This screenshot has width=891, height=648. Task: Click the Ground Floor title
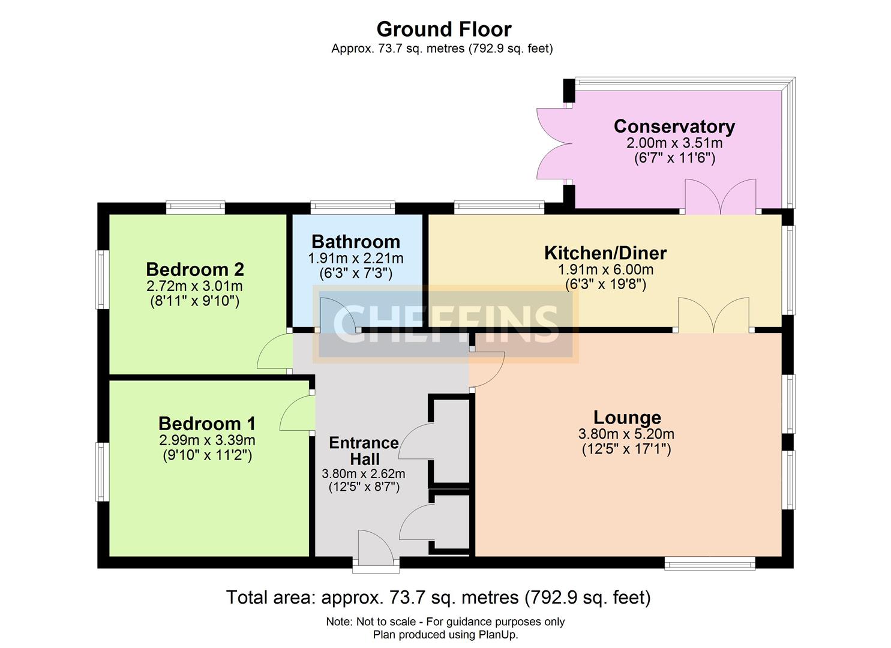click(443, 29)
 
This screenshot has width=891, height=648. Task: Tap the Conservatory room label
click(674, 127)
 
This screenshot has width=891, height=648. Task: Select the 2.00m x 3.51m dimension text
click(674, 143)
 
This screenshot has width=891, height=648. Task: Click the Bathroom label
click(355, 241)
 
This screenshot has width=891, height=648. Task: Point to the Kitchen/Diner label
click(605, 253)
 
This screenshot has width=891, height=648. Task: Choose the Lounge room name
click(627, 417)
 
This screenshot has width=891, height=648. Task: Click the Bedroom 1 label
click(207, 424)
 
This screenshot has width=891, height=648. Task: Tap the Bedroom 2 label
click(194, 269)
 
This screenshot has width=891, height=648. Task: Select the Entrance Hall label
click(364, 451)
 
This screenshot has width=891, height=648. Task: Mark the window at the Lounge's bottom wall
click(709, 562)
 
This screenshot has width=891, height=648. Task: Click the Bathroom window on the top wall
click(353, 208)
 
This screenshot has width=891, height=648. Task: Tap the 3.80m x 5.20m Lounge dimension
click(626, 434)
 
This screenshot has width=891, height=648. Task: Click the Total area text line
click(438, 597)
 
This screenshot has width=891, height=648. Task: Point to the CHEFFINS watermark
click(445, 324)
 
